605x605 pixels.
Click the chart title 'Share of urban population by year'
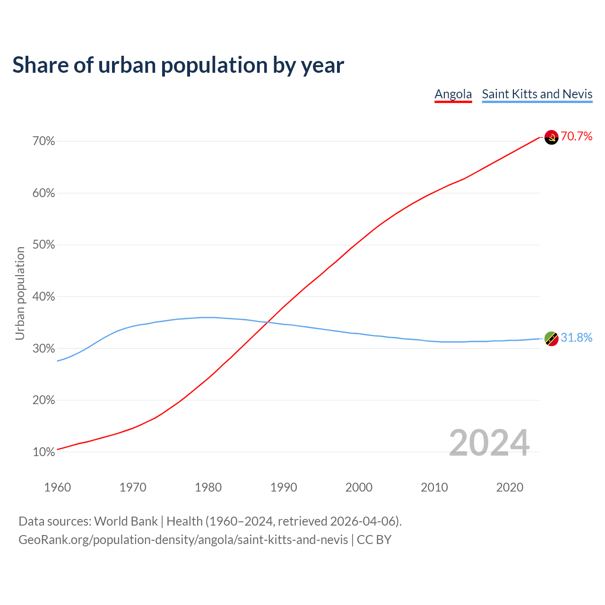(178, 65)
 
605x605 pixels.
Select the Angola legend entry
(453, 94)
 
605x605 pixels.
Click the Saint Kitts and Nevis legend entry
(537, 94)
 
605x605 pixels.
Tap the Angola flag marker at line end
(551, 138)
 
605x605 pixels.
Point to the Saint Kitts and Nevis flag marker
(551, 338)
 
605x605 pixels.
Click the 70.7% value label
(577, 137)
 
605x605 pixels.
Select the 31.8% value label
(577, 337)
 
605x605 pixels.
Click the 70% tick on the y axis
(44, 141)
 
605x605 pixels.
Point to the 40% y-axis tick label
(44, 297)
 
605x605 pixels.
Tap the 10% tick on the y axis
(44, 452)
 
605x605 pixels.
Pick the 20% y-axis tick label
(44, 400)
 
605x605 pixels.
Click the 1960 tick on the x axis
(57, 487)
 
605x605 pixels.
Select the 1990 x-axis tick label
(284, 487)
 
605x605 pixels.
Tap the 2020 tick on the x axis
(510, 487)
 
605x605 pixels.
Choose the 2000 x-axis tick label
(359, 487)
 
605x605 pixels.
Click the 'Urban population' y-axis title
(20, 293)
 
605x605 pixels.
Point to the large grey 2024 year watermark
(489, 443)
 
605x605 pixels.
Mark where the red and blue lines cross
(268, 322)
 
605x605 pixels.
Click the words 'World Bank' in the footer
(126, 521)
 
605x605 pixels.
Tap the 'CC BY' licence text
(374, 540)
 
